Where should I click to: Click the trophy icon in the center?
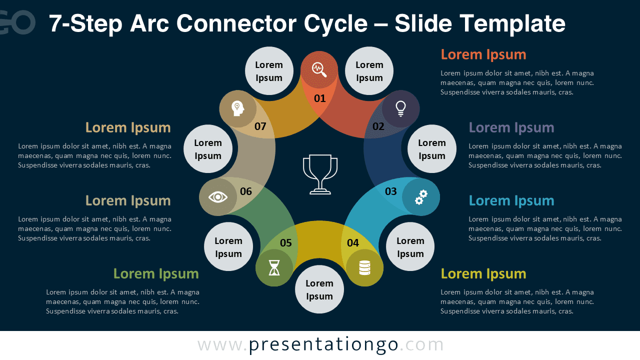click(320, 174)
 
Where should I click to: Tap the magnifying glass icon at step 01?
click(319, 69)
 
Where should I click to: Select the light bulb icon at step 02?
click(400, 108)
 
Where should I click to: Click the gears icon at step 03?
click(421, 197)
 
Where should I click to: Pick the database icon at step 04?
click(364, 268)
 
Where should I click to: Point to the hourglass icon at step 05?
click(274, 268)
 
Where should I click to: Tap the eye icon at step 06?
click(218, 197)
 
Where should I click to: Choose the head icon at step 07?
click(237, 108)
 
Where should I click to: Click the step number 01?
click(319, 98)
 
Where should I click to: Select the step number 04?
click(353, 243)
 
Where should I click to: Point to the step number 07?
click(260, 126)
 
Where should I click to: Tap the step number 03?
click(390, 191)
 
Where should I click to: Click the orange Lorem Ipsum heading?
click(483, 54)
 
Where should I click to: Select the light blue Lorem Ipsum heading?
click(511, 200)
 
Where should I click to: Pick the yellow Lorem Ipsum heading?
click(483, 273)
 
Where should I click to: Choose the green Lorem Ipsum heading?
click(156, 273)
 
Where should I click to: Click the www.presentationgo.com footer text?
click(320, 345)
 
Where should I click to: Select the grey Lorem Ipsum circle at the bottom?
click(319, 290)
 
